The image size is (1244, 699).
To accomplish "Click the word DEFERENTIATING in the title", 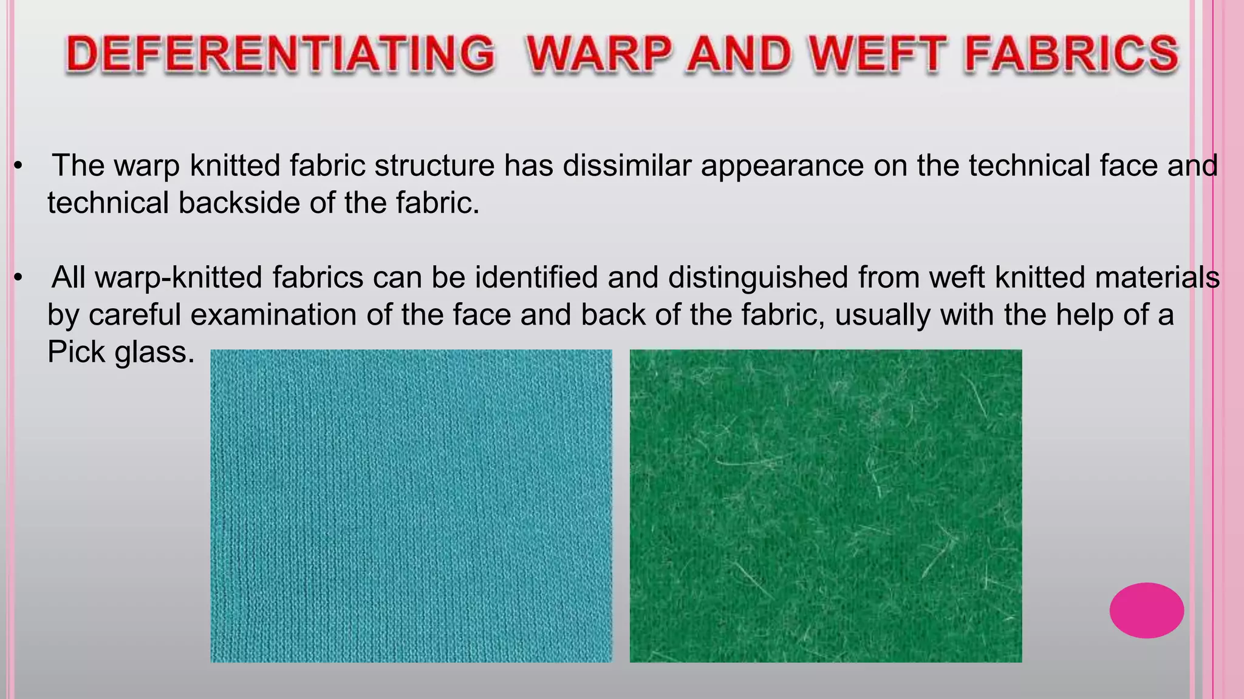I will tap(280, 53).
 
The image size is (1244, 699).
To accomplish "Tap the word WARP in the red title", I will tap(599, 53).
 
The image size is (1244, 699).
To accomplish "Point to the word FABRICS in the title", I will tap(1071, 53).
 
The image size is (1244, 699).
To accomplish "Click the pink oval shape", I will tap(1146, 610).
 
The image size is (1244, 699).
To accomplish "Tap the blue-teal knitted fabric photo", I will tap(411, 505).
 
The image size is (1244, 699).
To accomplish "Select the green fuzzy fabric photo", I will tap(825, 505).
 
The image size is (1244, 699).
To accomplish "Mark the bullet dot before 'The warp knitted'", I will tap(18, 166).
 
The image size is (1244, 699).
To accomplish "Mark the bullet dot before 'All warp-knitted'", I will tap(18, 278).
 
